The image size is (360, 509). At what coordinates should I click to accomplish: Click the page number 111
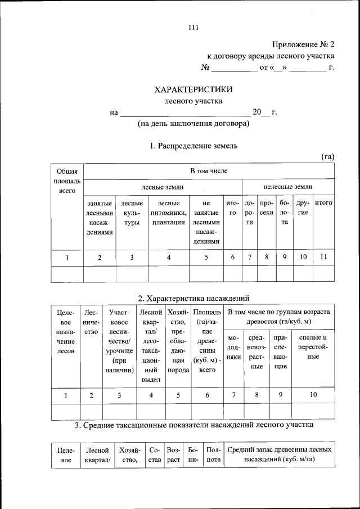[193, 27]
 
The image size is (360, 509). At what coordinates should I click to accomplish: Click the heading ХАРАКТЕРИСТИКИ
[193, 89]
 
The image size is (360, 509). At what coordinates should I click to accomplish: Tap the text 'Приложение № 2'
[303, 44]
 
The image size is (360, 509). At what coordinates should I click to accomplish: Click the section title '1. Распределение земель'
[193, 146]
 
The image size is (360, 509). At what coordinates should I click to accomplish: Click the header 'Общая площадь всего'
[67, 181]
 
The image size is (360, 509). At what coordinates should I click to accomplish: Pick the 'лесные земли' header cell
[162, 186]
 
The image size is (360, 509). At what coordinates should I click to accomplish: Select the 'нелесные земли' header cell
[288, 186]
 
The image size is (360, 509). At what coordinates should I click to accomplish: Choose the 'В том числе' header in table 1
[209, 171]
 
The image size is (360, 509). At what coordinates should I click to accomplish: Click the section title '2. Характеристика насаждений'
[193, 298]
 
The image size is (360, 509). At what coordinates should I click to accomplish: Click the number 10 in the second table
[312, 395]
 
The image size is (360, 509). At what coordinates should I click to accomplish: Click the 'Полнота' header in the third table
[213, 455]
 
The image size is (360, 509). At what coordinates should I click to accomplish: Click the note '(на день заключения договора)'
[193, 124]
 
